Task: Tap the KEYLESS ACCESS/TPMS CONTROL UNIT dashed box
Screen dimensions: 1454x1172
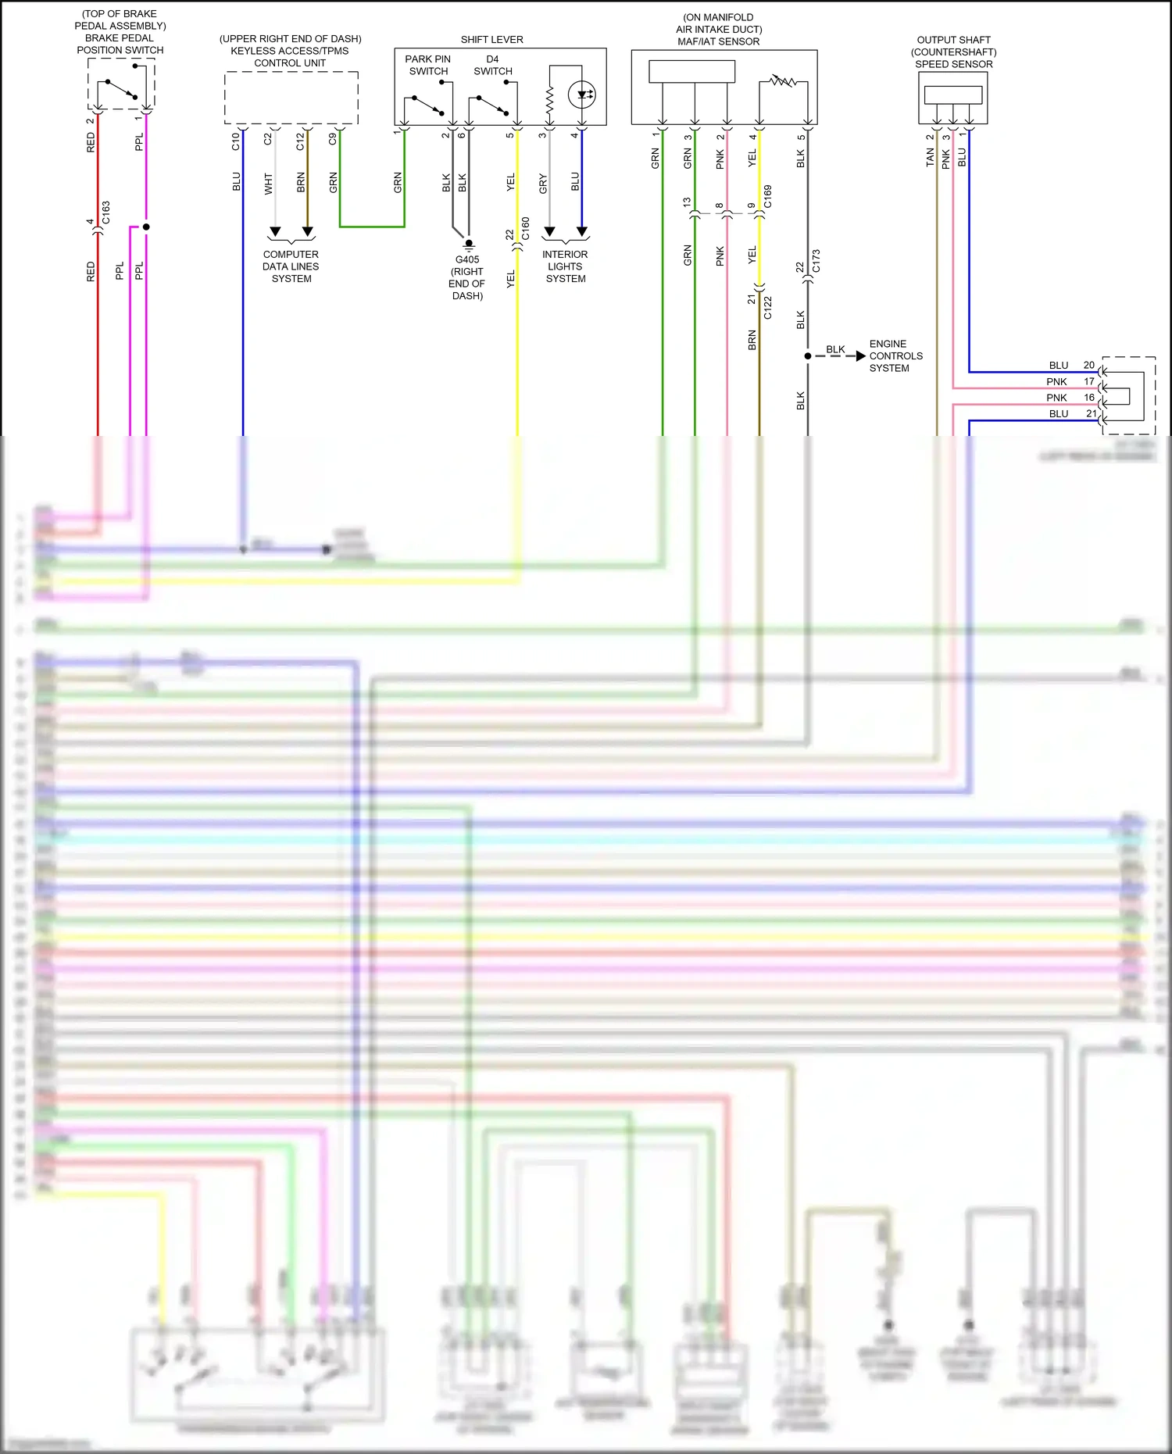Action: coord(291,98)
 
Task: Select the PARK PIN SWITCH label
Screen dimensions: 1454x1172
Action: coord(427,65)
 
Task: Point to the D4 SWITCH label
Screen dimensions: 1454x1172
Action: coord(492,65)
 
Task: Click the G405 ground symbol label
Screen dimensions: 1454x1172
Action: coord(467,277)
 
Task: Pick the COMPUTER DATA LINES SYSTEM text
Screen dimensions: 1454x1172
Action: coord(291,266)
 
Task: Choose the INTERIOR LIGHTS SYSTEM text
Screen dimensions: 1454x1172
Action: coord(565,266)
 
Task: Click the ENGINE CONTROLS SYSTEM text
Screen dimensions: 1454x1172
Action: coord(895,355)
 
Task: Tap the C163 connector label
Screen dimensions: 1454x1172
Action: coord(106,213)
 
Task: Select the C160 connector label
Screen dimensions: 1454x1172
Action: coord(525,228)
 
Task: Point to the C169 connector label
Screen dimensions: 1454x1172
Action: coord(767,196)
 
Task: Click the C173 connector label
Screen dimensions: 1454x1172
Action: coord(816,261)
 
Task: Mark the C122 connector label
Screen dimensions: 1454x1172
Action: coord(767,308)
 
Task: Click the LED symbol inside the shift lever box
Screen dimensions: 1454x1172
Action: coord(583,95)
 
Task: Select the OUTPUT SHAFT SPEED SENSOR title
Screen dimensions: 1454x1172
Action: coord(953,52)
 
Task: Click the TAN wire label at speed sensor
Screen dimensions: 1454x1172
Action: coord(930,158)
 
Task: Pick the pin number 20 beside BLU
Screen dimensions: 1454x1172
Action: coord(1088,365)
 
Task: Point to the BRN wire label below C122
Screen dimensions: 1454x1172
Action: coord(752,340)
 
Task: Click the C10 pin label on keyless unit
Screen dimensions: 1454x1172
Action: coord(235,141)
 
